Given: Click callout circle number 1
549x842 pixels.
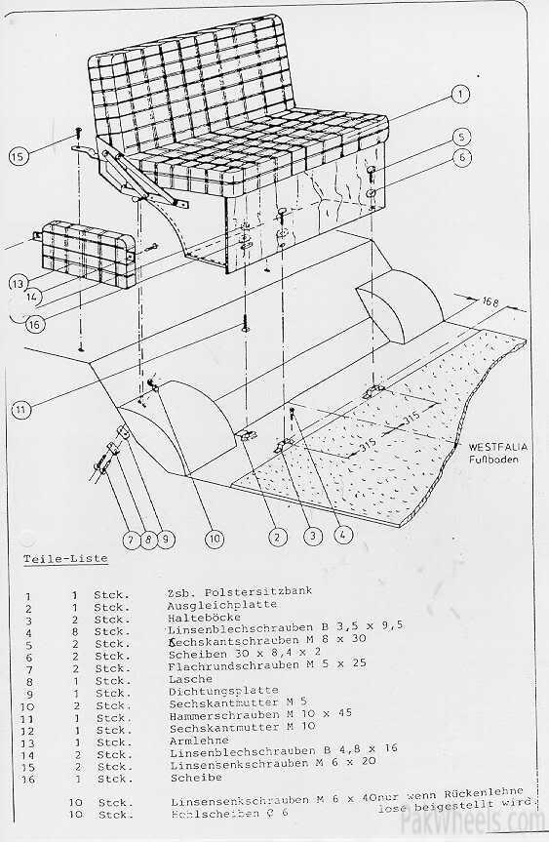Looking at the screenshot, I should [x=459, y=95].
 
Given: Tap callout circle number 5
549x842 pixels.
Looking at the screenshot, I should [x=462, y=137].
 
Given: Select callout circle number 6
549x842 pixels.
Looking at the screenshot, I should [x=462, y=157].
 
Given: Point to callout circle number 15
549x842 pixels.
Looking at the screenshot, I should [x=17, y=154].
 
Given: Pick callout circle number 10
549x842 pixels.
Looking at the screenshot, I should [x=214, y=536].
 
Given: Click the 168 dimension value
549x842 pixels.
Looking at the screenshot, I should [x=492, y=303].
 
